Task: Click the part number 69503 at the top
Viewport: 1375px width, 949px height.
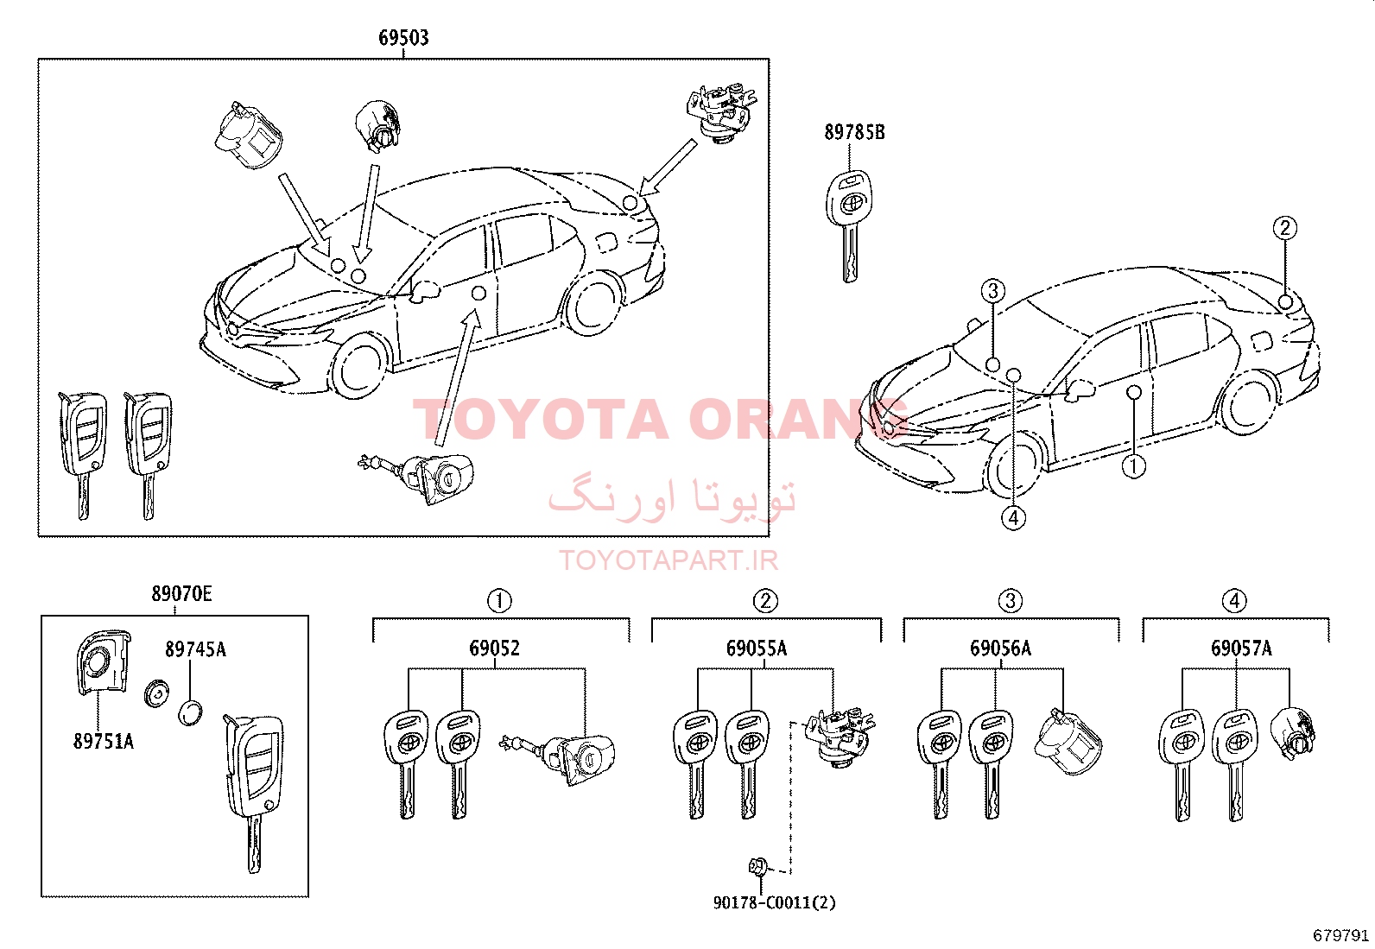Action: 403,37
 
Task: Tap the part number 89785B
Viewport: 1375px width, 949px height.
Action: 854,132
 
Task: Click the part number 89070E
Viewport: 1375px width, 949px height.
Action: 181,593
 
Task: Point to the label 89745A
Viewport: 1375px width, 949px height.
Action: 195,648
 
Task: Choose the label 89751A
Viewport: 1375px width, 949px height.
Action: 103,741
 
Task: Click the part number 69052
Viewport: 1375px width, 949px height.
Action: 494,648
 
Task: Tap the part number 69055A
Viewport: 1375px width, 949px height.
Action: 757,648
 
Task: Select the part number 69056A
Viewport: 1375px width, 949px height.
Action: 1000,648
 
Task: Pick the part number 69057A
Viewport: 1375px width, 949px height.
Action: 1241,648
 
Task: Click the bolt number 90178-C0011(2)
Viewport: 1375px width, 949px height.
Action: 774,902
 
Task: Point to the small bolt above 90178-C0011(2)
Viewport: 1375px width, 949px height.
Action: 758,866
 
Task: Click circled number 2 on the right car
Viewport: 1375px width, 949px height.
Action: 1285,228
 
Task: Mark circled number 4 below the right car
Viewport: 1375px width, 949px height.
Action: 1013,518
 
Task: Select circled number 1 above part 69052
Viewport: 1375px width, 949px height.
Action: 499,600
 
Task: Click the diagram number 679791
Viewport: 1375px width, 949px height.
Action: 1340,935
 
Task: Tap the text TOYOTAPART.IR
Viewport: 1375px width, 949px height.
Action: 668,560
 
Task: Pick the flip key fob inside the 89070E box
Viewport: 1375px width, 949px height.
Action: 253,792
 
